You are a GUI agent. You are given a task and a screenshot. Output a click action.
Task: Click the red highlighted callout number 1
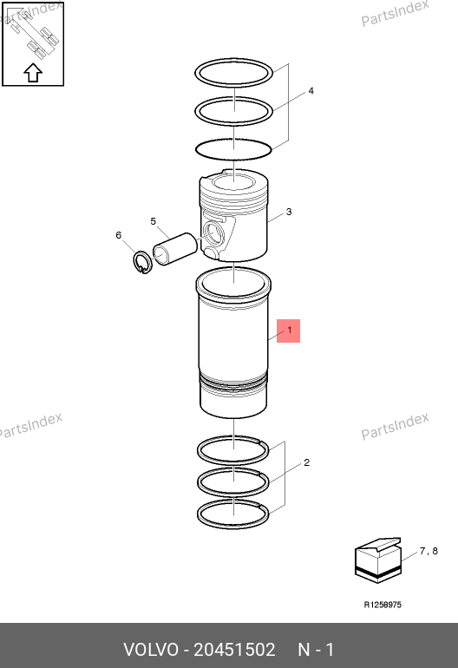[x=289, y=331]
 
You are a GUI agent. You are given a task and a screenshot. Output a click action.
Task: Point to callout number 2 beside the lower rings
[x=307, y=462]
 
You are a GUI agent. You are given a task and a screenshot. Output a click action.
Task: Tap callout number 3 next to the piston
[x=289, y=212]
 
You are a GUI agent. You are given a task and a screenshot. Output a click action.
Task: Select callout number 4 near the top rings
[x=311, y=91]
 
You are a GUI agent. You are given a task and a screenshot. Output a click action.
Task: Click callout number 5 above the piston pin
[x=154, y=221]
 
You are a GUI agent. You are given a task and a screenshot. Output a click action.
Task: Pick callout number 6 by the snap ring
[x=119, y=235]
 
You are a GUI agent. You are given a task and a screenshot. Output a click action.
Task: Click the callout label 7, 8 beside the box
[x=429, y=551]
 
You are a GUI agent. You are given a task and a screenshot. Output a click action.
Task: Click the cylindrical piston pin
[x=174, y=248]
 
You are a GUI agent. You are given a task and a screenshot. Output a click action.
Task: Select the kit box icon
[x=378, y=560]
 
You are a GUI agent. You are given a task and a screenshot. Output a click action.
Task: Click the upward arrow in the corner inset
[x=33, y=73]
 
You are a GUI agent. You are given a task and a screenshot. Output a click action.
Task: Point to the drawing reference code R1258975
[x=383, y=605]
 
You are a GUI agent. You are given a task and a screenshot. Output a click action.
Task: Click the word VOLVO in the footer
[x=151, y=650]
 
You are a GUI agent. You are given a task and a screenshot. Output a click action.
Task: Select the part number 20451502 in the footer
[x=234, y=650]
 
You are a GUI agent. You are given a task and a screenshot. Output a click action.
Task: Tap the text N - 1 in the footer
[x=316, y=650]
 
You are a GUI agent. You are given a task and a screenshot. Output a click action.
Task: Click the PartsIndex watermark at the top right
[x=395, y=13]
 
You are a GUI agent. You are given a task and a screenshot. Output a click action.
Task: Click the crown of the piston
[x=234, y=183]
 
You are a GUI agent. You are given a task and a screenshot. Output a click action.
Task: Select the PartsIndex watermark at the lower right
[x=395, y=426]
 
